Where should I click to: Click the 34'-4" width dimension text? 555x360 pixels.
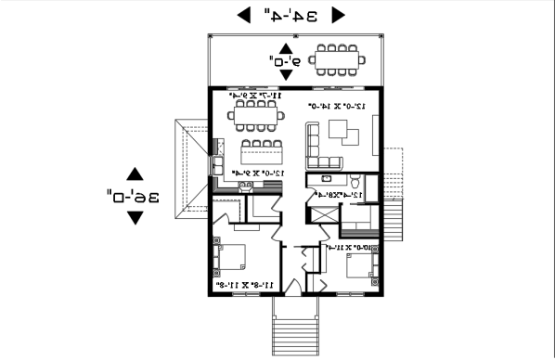click(x=290, y=15)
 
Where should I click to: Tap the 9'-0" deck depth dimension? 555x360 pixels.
click(x=285, y=60)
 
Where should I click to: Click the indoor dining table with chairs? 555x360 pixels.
click(x=257, y=117)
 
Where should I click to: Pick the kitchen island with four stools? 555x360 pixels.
click(x=261, y=150)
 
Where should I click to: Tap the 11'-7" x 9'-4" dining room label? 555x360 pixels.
click(x=252, y=96)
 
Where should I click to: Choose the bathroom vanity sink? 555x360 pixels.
click(x=327, y=177)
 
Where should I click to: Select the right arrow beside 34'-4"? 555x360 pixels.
click(x=338, y=15)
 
